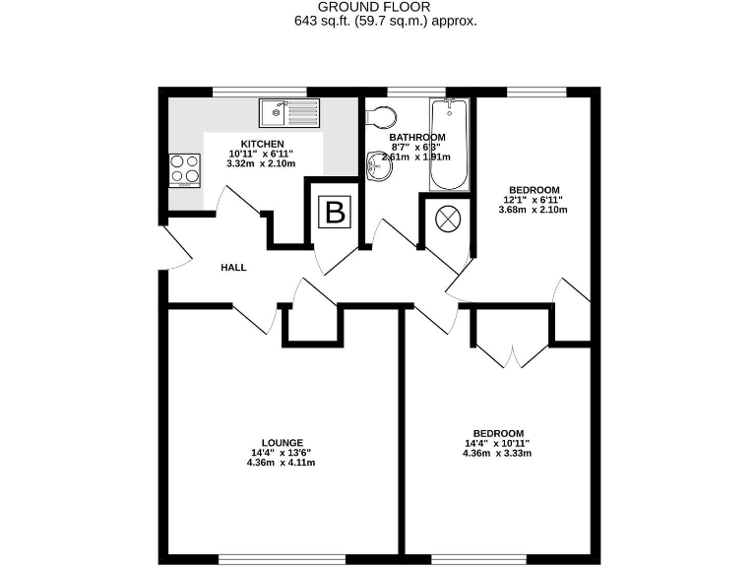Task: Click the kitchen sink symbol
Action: pos(288,113)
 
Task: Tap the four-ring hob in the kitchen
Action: pos(182,168)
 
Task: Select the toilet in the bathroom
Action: pos(378,117)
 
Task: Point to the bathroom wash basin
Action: pos(378,168)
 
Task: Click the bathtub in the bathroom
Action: pos(449,145)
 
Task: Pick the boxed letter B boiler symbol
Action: pos(336,212)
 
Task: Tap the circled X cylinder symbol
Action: pos(447,219)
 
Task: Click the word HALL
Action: pos(233,267)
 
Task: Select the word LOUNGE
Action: pos(282,443)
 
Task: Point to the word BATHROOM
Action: pos(416,137)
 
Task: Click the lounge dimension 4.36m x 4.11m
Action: pos(282,463)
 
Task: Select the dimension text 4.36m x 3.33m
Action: pos(497,454)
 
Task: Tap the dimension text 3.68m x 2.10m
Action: pos(534,210)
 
